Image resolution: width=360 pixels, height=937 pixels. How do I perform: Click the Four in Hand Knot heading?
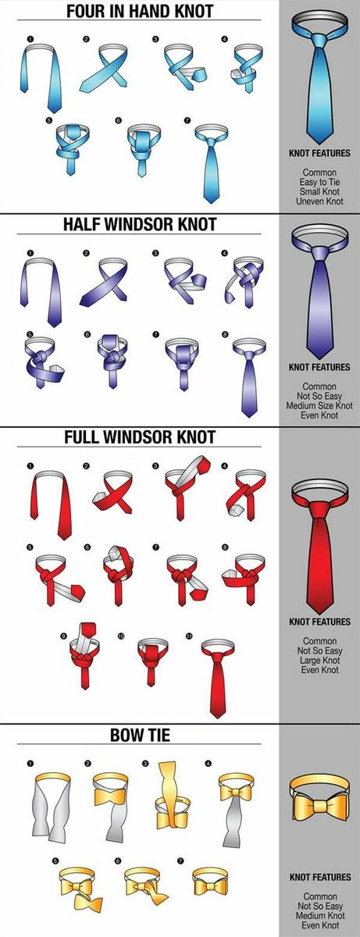click(x=140, y=11)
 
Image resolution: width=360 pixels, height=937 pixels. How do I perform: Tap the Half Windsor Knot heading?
click(x=140, y=224)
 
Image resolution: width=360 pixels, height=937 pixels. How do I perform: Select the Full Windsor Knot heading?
click(x=140, y=437)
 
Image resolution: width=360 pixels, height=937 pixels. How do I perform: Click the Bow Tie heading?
click(x=140, y=735)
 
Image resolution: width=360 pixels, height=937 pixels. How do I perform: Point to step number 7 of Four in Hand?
click(x=187, y=120)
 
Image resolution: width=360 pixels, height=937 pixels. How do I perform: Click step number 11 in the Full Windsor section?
click(x=190, y=636)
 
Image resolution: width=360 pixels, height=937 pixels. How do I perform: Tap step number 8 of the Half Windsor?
click(x=225, y=334)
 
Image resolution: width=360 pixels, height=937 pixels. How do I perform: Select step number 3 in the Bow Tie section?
click(x=145, y=764)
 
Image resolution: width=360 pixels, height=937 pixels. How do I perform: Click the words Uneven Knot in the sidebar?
click(x=319, y=201)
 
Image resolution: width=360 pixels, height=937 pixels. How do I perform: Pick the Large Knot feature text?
click(x=319, y=661)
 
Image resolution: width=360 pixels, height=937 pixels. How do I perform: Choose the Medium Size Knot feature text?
click(x=319, y=405)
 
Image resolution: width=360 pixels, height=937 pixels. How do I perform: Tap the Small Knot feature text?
click(x=319, y=191)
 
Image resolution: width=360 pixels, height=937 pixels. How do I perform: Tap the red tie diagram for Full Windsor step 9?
click(x=85, y=655)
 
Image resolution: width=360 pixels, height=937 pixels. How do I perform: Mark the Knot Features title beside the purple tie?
click(x=319, y=367)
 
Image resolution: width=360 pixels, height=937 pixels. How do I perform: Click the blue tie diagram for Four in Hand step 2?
click(x=104, y=69)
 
